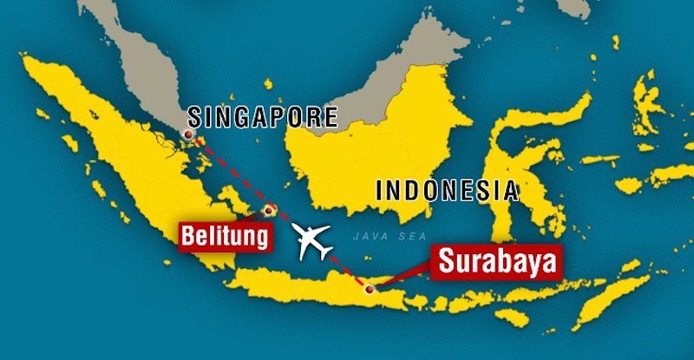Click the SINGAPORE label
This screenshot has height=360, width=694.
pyautogui.click(x=262, y=117)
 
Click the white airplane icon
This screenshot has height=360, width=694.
pyautogui.click(x=314, y=241)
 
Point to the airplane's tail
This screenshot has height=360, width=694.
pyautogui.click(x=329, y=254)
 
